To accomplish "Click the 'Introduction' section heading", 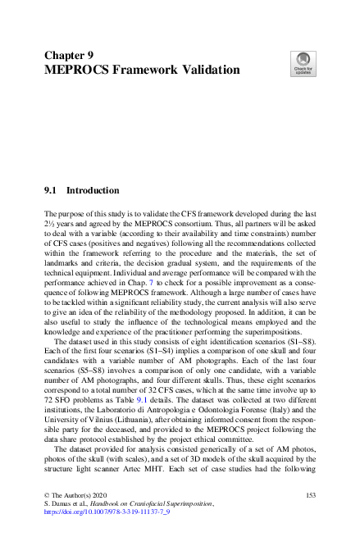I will coord(93,190).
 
